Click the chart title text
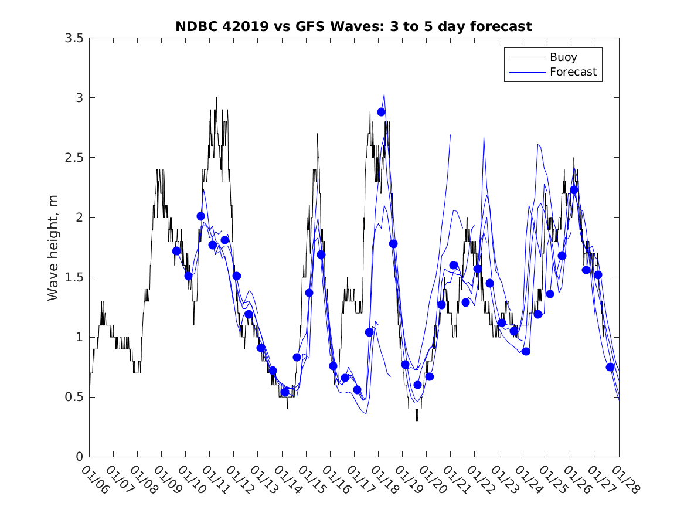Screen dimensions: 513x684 tap(353, 26)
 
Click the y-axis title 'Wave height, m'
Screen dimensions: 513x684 tap(53, 247)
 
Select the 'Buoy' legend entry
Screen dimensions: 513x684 tap(563, 57)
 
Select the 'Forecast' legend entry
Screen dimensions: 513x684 tap(573, 72)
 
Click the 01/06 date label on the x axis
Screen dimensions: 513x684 tap(95, 480)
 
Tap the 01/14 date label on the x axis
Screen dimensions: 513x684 tap(287, 480)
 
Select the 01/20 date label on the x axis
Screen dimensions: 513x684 tap(432, 480)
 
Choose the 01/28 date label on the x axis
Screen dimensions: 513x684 tap(625, 480)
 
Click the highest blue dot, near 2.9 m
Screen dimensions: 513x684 tap(381, 112)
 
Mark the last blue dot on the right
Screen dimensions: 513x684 tap(610, 367)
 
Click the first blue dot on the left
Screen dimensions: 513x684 tap(176, 251)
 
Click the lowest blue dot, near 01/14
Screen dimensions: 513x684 tap(285, 392)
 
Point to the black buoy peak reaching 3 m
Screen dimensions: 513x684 tap(216, 98)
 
